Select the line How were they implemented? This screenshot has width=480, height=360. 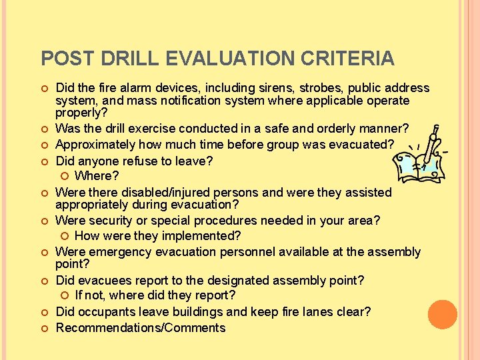point(157,236)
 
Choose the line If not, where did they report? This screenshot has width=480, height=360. point(155,295)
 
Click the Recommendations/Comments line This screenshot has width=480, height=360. point(141,328)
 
